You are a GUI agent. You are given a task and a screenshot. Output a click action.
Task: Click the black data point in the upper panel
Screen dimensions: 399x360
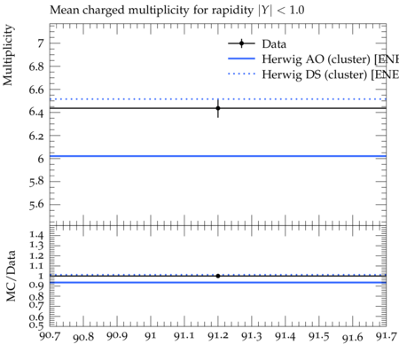coord(218,108)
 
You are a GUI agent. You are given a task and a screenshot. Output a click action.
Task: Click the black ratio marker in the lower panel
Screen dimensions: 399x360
coord(218,276)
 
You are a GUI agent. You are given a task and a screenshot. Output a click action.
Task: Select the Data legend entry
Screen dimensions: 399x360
coord(257,43)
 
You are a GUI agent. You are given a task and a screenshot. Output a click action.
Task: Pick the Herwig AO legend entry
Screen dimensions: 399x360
coord(313,59)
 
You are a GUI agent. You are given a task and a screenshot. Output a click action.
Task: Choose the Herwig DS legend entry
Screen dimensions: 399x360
coord(313,74)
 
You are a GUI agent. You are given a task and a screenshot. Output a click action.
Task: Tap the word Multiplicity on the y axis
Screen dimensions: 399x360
coord(8,55)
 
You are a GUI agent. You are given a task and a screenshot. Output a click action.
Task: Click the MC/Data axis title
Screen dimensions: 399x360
coord(11,276)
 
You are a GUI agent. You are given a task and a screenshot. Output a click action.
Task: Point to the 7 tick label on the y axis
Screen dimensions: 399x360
coord(40,43)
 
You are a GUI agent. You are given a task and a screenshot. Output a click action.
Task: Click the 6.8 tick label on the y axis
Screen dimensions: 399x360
coord(36,67)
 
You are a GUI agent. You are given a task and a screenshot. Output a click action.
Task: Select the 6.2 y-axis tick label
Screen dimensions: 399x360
coord(36,136)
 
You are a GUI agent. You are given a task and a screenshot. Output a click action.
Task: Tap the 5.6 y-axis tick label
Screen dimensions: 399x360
coord(36,205)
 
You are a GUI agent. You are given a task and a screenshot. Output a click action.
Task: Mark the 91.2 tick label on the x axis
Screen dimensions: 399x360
coord(218,336)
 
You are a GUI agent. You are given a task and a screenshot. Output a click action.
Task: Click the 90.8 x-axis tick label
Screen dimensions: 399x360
coord(83,337)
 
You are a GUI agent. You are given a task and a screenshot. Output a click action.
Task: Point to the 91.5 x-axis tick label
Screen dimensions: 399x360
coord(319,336)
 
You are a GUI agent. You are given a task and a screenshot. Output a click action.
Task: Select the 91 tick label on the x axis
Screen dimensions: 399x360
coord(151,336)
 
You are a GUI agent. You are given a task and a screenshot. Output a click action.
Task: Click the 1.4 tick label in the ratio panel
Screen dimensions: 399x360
coord(36,235)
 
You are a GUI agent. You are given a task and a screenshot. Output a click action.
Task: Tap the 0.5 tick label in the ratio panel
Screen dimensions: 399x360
coord(36,325)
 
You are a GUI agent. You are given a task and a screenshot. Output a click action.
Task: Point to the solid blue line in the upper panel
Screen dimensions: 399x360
coord(218,156)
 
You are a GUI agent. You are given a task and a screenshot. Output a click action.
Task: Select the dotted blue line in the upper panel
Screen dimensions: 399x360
coord(218,99)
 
